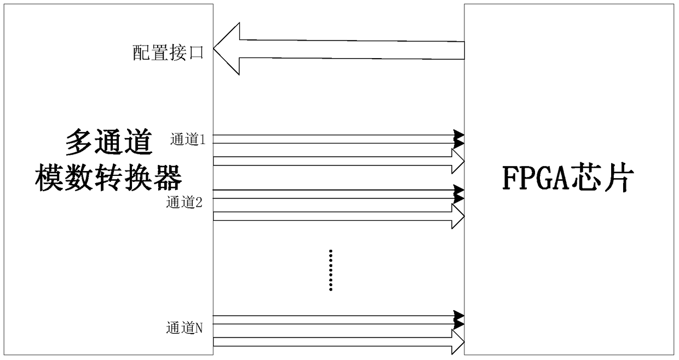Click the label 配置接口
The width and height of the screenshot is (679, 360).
[x=168, y=53]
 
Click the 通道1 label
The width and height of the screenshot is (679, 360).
[x=187, y=140]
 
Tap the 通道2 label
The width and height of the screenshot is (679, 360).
[x=185, y=203]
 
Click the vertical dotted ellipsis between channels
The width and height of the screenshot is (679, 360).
[x=331, y=270]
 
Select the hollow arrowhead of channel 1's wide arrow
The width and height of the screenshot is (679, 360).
[x=457, y=161]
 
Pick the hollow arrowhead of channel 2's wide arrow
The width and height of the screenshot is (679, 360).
[x=457, y=216]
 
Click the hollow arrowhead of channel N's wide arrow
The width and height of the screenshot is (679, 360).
[x=457, y=342]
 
